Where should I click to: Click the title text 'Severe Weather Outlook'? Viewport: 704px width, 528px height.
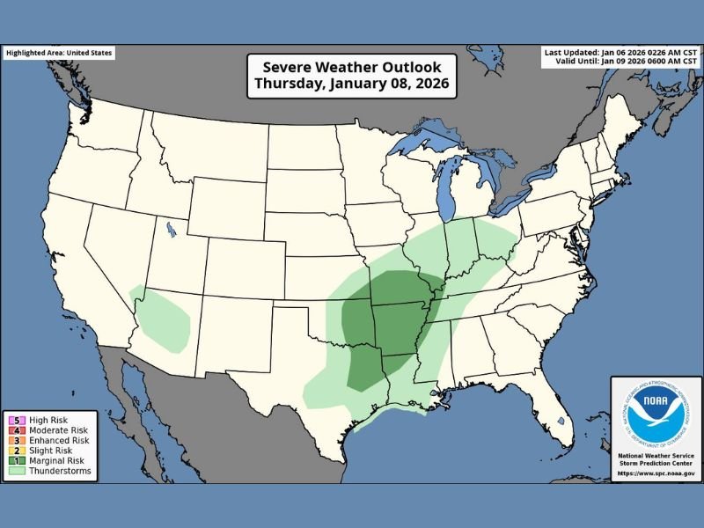click(351, 67)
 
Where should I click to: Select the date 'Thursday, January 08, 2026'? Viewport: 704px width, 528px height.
click(351, 84)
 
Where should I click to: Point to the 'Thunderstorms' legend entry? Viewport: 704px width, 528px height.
click(55, 472)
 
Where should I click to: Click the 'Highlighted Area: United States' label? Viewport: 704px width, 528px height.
click(59, 53)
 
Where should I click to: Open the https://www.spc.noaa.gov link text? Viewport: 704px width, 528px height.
click(656, 474)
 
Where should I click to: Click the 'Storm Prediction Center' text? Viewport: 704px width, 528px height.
click(656, 461)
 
